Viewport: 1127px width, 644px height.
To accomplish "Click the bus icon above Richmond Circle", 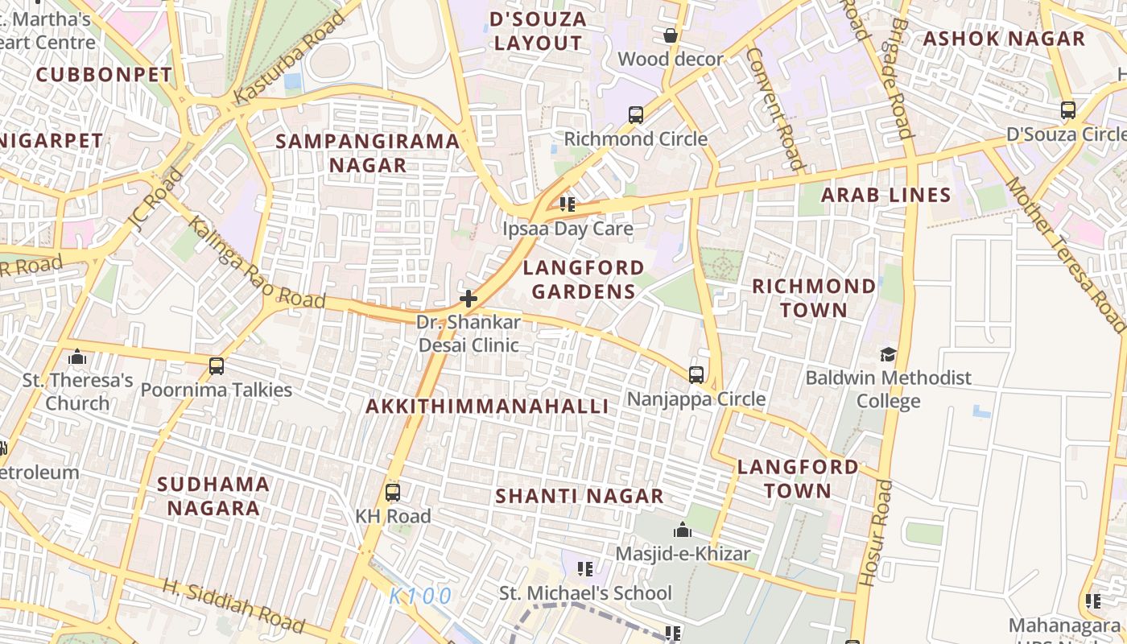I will (x=636, y=115).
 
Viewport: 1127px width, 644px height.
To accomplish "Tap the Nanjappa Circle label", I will (x=696, y=399).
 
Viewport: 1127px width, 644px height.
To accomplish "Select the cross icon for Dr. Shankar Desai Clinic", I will (x=468, y=299).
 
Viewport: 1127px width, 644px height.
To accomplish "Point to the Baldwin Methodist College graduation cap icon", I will (x=888, y=354).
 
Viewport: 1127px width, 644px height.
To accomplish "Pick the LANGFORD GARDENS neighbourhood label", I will (x=584, y=279).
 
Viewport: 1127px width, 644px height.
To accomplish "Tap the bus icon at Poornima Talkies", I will (x=216, y=366).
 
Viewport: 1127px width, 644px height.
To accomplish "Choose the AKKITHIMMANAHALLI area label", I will (x=487, y=407).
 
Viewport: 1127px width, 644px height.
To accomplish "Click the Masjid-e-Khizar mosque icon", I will (x=683, y=530).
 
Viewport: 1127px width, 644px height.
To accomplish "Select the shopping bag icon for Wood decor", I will (x=670, y=35).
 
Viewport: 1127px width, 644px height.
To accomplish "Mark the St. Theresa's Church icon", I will (x=77, y=356).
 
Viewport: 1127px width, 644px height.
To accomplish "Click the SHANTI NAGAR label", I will (x=580, y=496).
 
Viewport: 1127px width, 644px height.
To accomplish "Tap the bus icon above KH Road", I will (x=393, y=493).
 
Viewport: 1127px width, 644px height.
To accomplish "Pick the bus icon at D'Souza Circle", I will (x=1067, y=110).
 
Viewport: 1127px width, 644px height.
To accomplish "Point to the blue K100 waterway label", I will (x=420, y=597).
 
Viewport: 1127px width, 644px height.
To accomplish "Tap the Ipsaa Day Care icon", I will (x=568, y=204).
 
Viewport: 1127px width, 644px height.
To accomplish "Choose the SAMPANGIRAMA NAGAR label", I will (x=368, y=153).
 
